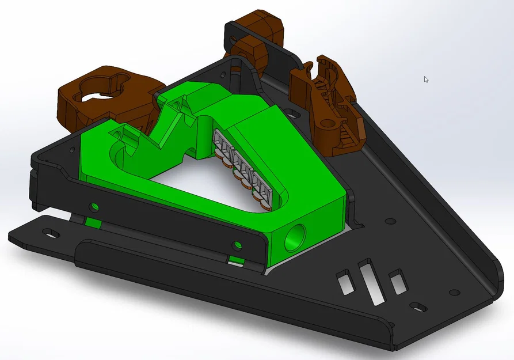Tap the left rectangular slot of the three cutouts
[x=344, y=282]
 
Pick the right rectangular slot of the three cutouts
[x=398, y=283]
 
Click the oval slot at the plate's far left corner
[x=50, y=232]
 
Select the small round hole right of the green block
[x=390, y=221]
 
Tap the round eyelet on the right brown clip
[x=329, y=123]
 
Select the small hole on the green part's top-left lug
[x=117, y=135]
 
